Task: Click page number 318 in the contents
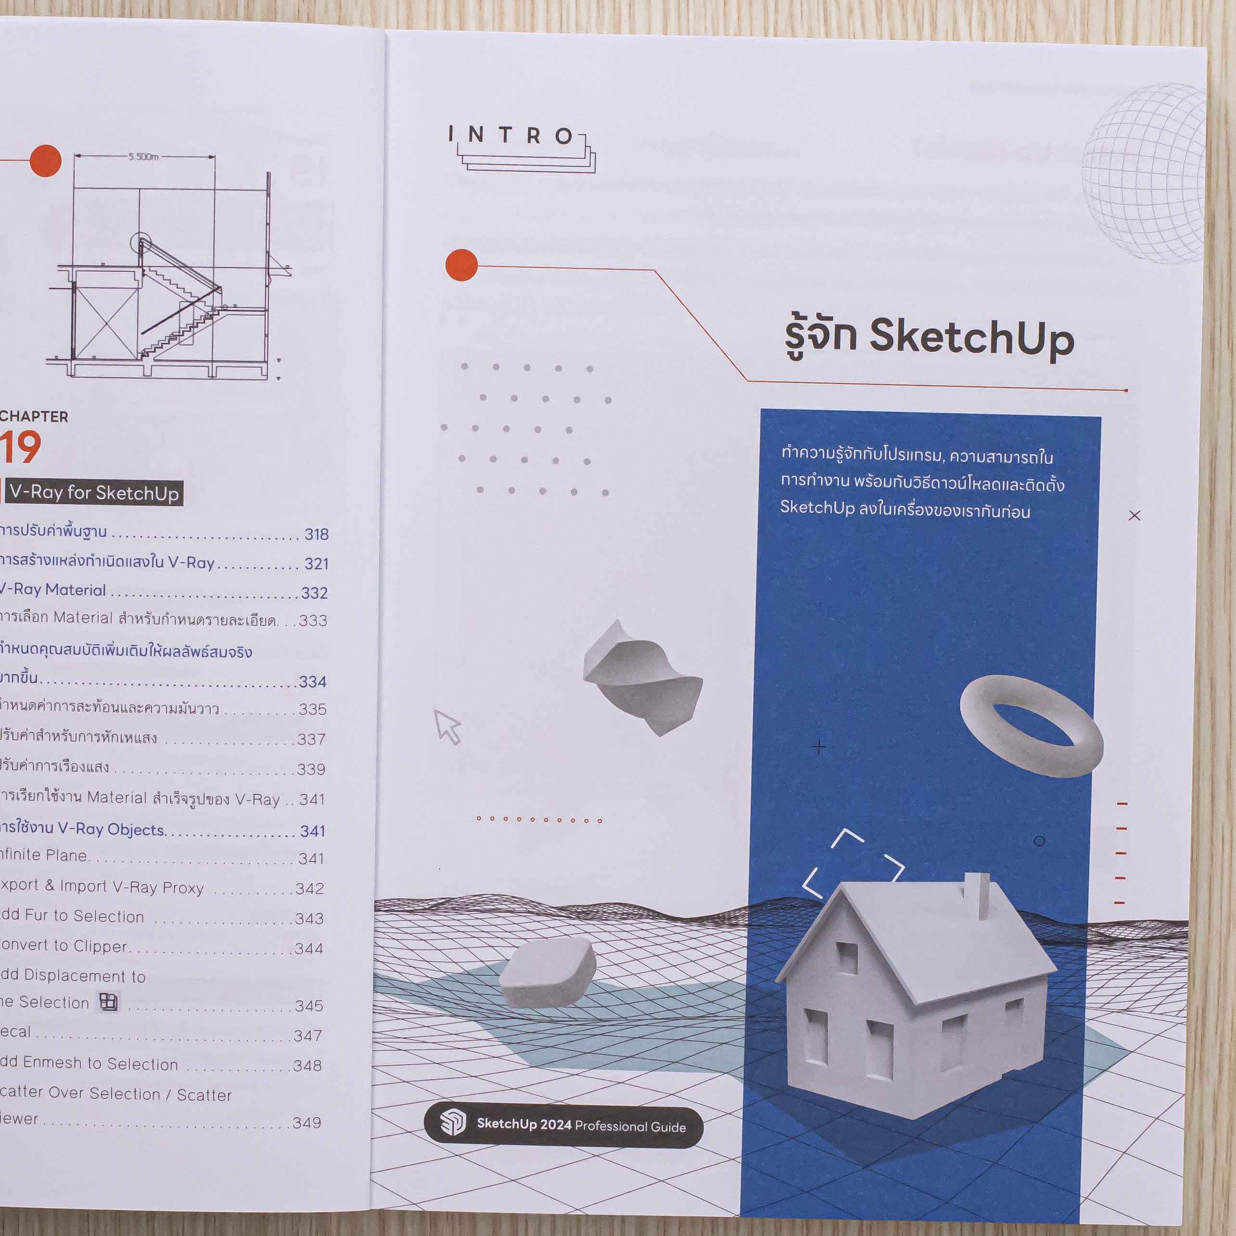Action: (x=316, y=534)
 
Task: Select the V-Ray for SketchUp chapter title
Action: (x=95, y=493)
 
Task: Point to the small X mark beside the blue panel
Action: (x=1134, y=515)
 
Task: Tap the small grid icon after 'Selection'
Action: (x=109, y=1002)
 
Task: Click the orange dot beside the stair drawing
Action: (x=45, y=161)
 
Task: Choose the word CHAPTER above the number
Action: (x=34, y=417)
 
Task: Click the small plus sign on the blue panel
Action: (x=819, y=747)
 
